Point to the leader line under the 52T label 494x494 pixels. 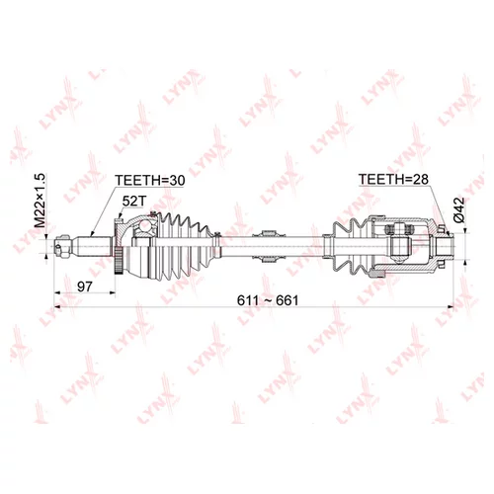point(128,219)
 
